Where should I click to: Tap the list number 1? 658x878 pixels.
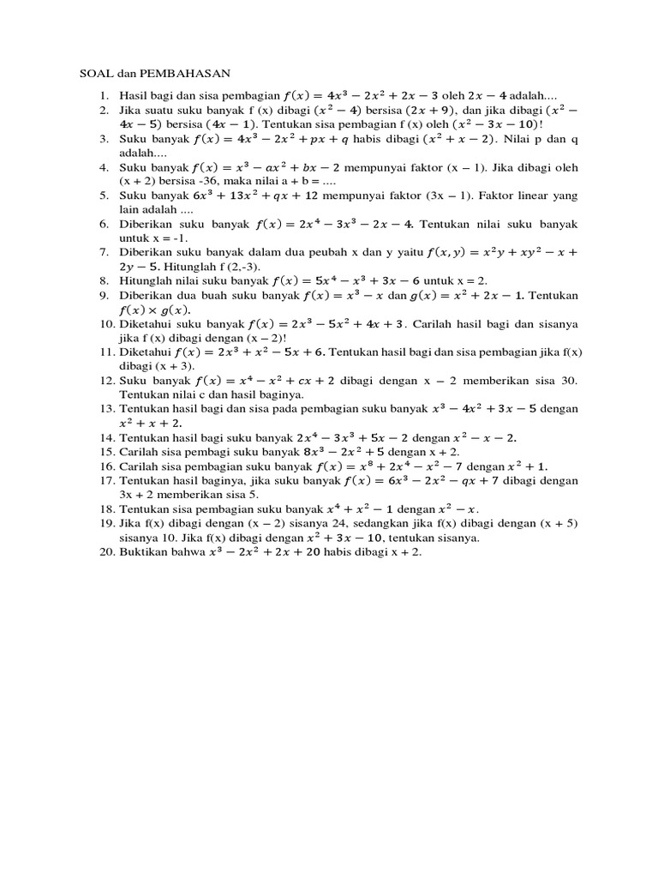(x=105, y=96)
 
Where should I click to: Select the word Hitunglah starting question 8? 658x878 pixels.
(x=146, y=280)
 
